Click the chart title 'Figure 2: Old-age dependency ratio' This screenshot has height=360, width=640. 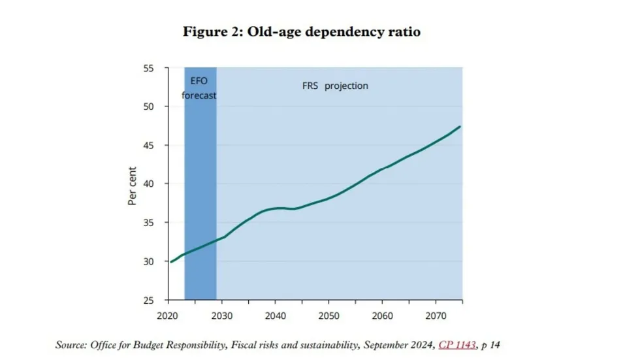(301, 32)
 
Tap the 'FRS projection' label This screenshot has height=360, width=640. (335, 86)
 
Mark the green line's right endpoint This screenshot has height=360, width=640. (461, 126)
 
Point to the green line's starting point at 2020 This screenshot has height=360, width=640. (170, 261)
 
